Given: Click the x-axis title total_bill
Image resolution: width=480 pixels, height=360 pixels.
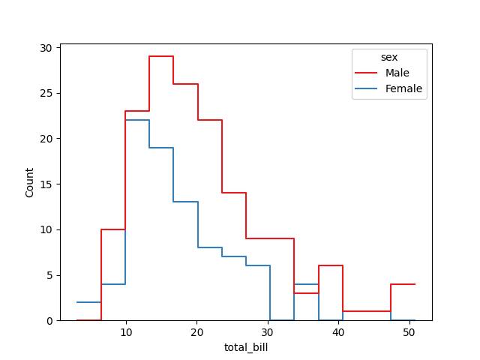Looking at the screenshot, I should (246, 347).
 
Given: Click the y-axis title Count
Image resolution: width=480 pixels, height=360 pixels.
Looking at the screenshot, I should (30, 182).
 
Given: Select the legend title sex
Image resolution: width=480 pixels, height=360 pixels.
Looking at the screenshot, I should (389, 57).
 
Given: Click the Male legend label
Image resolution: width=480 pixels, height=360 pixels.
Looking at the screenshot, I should (397, 73).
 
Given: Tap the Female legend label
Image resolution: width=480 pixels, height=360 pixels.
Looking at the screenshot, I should (403, 88).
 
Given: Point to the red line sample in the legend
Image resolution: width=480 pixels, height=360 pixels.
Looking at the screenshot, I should (367, 73).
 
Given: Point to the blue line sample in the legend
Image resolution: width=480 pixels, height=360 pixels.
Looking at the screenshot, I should (367, 88).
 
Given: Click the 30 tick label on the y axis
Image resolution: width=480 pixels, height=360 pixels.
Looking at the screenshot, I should (46, 48).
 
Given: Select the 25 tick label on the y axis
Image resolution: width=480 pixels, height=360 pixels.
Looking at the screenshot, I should (46, 94).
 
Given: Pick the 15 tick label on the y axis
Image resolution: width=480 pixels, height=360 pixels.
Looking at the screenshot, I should (46, 184).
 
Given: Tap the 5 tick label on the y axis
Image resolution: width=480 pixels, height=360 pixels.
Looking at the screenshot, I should (49, 275).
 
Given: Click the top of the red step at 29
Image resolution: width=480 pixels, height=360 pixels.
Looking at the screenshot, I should (161, 56).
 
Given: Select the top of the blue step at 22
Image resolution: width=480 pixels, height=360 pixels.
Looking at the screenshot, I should (137, 120).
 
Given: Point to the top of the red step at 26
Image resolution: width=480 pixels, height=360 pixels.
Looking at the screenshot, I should (186, 84).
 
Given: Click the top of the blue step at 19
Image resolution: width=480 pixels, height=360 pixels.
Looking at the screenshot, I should (161, 148).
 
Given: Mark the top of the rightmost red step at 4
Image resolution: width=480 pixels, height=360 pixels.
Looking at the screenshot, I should (403, 284).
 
